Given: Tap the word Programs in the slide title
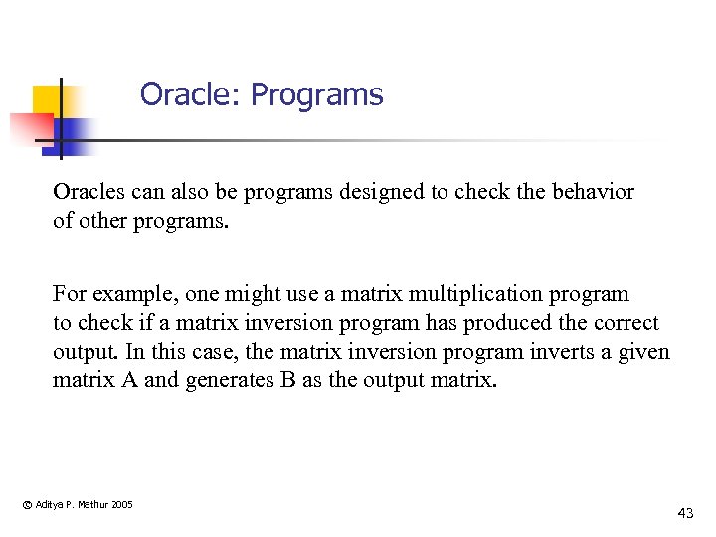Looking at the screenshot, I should pyautogui.click(x=316, y=96).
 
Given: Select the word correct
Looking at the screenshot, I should pyautogui.click(x=626, y=323).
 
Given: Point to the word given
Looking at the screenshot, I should pyautogui.click(x=645, y=353).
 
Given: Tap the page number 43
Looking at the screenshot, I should pyautogui.click(x=685, y=513).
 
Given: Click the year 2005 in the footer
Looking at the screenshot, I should pyautogui.click(x=122, y=505).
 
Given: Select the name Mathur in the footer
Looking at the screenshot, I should pyautogui.click(x=92, y=505).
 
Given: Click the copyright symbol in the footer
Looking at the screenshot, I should pyautogui.click(x=26, y=505).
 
